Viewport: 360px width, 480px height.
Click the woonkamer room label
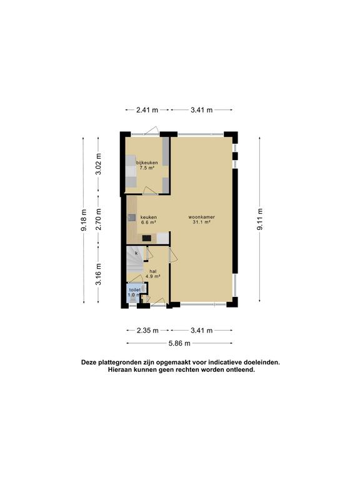(201, 217)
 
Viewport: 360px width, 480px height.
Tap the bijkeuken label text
(147, 162)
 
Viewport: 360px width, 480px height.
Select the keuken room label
(149, 217)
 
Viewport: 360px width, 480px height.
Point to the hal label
(152, 271)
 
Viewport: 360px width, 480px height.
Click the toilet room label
(135, 289)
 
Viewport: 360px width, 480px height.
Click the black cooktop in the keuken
(147, 238)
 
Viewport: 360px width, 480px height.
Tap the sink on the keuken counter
(132, 217)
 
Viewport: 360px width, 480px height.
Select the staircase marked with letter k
(135, 261)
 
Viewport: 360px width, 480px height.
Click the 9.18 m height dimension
(84, 221)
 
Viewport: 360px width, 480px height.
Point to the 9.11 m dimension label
(259, 219)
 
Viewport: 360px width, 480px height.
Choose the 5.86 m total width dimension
(179, 343)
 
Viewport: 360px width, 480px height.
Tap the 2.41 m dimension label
(147, 110)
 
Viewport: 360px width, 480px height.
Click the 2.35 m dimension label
(147, 330)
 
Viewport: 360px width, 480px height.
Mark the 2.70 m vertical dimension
(98, 219)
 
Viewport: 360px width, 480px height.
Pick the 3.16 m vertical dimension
(98, 274)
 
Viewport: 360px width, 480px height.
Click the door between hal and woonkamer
(172, 254)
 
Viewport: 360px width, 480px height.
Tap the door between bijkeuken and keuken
(150, 191)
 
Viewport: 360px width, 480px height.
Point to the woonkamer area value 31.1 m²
(201, 222)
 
